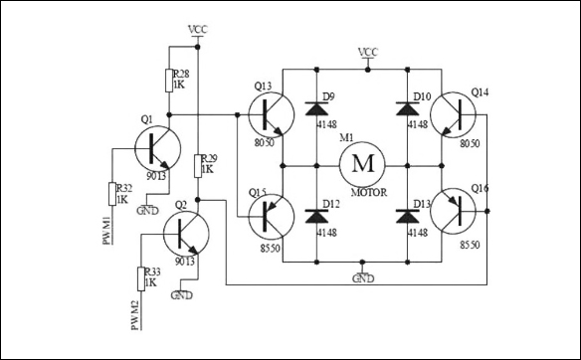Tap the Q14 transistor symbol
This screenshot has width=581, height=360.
(459, 114)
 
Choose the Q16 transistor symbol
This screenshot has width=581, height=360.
(459, 211)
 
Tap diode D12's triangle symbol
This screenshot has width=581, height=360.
(316, 214)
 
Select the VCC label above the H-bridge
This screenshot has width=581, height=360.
(368, 52)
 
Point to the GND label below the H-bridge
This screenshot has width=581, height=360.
(363, 277)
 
